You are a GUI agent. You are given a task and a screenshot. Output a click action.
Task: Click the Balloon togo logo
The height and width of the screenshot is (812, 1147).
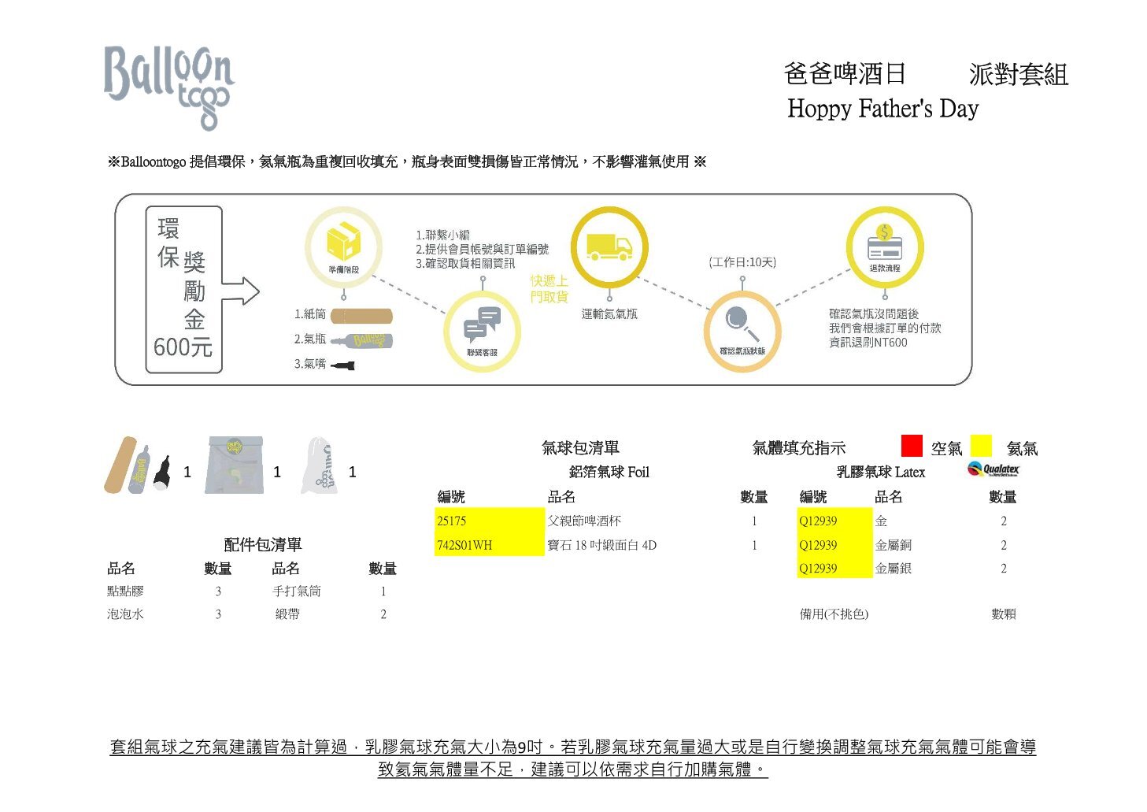click(x=168, y=85)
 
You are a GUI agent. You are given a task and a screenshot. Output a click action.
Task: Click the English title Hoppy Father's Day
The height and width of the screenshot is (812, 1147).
click(x=882, y=108)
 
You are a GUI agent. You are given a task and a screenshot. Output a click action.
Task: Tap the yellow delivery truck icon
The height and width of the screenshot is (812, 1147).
click(x=609, y=247)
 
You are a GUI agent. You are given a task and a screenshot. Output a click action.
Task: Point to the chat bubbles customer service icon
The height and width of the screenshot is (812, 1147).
click(x=482, y=324)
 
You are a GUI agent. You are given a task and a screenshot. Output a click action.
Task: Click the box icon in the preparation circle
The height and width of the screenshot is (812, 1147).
click(x=343, y=241)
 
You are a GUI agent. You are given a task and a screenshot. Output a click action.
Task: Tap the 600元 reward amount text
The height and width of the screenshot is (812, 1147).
click(x=183, y=347)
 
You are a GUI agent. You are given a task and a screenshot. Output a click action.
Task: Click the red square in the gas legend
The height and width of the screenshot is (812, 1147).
click(x=912, y=446)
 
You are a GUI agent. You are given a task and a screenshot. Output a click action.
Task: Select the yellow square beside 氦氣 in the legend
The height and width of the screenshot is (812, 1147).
click(x=981, y=446)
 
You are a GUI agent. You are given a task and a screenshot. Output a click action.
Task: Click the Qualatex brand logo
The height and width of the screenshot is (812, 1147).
click(x=993, y=469)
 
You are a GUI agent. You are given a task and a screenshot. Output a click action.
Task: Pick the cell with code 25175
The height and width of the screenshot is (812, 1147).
click(x=489, y=521)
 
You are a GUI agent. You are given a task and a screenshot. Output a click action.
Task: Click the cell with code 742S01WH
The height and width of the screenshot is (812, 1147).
click(x=489, y=545)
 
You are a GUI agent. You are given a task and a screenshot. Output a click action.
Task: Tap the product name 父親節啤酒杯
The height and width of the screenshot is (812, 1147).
click(x=584, y=521)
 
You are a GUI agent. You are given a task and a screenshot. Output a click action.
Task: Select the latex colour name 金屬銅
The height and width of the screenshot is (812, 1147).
click(x=893, y=545)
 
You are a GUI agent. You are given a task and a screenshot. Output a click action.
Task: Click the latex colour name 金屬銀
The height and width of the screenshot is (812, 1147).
click(x=893, y=569)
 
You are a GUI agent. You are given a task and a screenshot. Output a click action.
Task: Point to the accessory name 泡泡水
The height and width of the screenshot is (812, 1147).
click(x=125, y=614)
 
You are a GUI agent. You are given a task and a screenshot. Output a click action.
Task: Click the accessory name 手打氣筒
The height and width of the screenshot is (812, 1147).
click(x=296, y=591)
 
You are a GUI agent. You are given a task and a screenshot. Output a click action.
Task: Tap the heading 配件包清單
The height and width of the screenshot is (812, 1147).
click(x=263, y=544)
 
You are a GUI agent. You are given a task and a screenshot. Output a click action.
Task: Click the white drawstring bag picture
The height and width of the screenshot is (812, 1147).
click(x=320, y=466)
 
